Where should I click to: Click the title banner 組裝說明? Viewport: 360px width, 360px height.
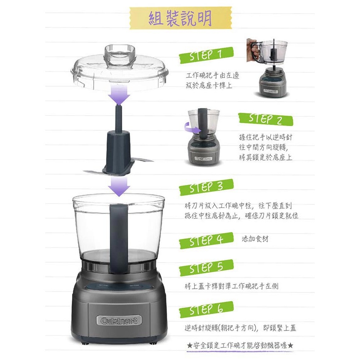(x=180, y=18)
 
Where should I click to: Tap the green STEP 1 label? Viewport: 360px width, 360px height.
(x=206, y=56)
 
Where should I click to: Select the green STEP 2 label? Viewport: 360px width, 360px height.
(x=265, y=119)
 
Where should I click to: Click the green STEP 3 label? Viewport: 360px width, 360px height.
(x=206, y=187)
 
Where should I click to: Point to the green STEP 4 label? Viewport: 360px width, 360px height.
(x=206, y=240)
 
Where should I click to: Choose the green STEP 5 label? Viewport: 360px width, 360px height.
(x=206, y=268)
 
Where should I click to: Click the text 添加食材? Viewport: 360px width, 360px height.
(x=255, y=239)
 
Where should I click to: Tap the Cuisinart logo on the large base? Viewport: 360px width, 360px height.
(x=119, y=320)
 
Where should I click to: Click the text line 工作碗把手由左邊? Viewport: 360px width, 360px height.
(x=212, y=76)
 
